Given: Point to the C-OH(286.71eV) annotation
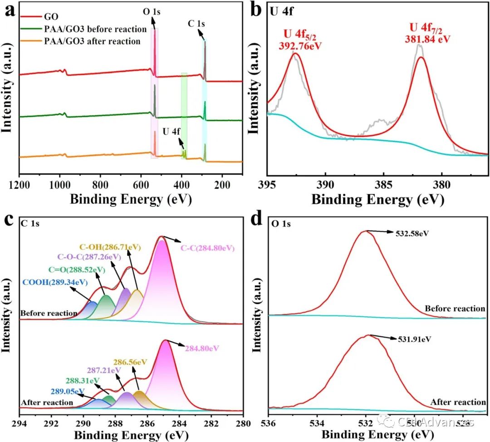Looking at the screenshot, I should point(110,247).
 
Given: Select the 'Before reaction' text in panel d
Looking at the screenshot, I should point(455,309).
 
